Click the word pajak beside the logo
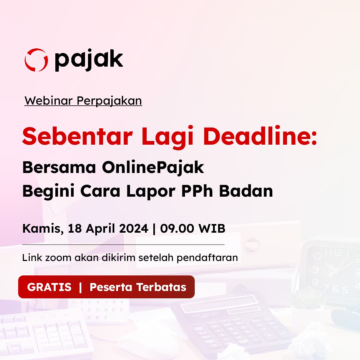89,60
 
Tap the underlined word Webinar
48,101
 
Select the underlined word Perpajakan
109,101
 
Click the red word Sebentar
78,136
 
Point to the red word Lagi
167,137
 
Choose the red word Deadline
260,136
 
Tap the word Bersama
59,167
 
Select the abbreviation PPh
197,191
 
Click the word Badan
246,191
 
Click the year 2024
134,229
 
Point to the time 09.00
177,229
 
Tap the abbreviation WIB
212,229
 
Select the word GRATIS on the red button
49,287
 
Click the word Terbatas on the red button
161,287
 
